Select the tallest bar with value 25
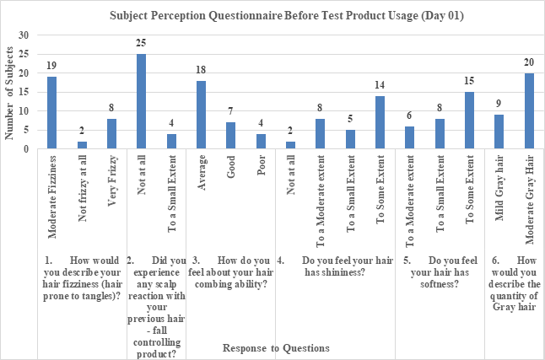coord(141,102)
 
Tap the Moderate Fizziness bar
coord(51,113)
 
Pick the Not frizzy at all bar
coord(81,145)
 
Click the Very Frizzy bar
coord(111,134)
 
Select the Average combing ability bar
coord(201,116)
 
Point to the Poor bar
coord(260,142)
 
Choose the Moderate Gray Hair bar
coord(529,111)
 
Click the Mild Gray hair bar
coord(499,132)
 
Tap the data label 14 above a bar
coord(379,86)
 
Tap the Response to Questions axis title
coord(275,347)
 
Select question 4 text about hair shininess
coord(336,266)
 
